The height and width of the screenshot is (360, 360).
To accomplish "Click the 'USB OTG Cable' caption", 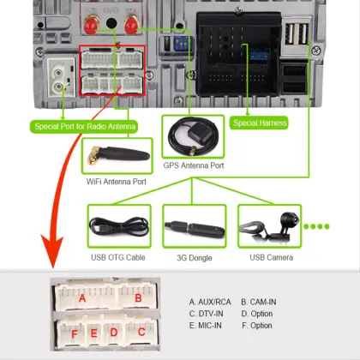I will (x=119, y=258).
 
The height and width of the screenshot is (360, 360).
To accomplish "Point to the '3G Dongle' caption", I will (x=193, y=258).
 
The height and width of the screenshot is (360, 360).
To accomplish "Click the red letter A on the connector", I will (x=82, y=299).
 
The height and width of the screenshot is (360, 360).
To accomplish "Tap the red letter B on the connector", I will (x=137, y=299).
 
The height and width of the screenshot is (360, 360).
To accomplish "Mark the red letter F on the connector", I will (x=73, y=332).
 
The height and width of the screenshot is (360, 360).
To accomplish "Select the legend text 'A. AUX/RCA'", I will (x=211, y=302).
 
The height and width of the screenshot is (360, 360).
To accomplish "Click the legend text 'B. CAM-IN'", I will (x=263, y=302).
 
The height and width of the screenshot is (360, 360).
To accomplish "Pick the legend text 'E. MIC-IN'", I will (x=207, y=326).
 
